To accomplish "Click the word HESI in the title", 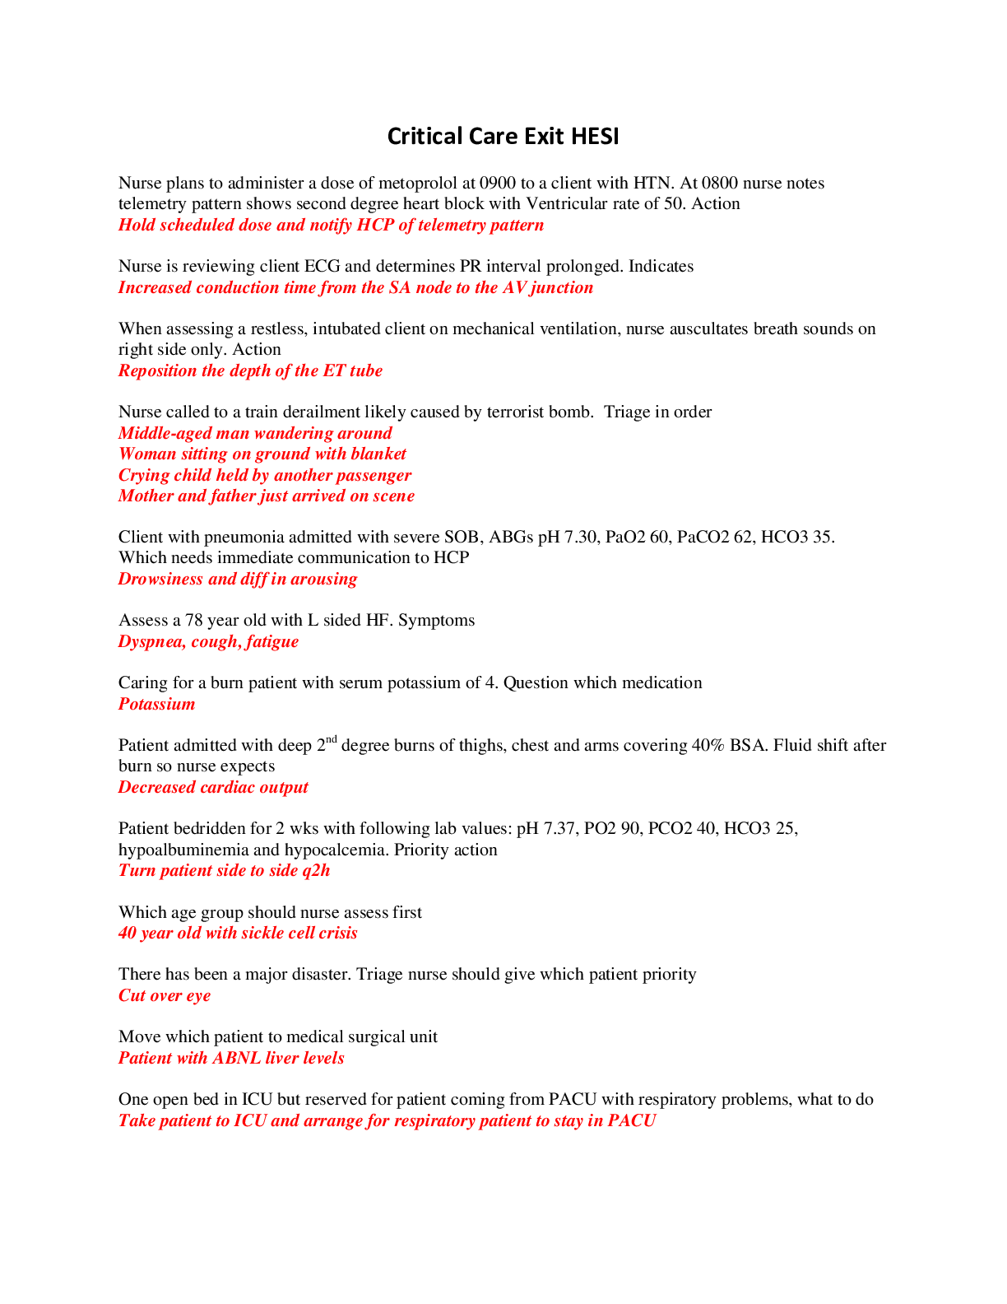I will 594,136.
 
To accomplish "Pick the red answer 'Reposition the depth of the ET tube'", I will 250,370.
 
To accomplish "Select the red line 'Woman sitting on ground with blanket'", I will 262,454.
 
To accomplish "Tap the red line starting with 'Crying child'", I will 265,475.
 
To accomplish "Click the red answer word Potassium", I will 157,704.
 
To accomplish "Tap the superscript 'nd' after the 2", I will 332,739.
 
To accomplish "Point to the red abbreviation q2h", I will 316,870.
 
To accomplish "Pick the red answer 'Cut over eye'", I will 165,995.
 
